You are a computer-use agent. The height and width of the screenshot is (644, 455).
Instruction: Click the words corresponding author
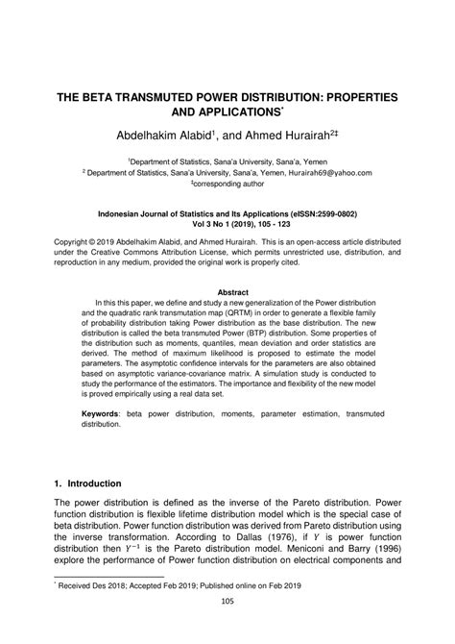(229, 185)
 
